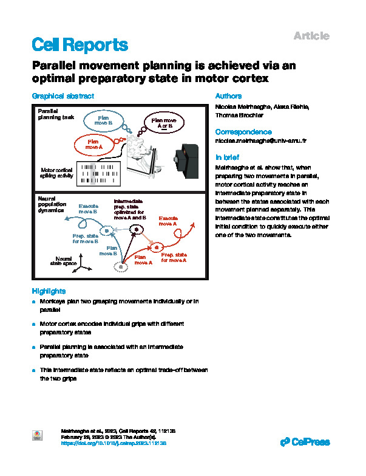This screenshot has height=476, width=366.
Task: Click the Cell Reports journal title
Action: (80, 44)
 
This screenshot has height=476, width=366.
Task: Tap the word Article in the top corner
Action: (311, 36)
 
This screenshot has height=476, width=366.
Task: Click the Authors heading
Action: (229, 96)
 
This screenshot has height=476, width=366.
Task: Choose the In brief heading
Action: (228, 156)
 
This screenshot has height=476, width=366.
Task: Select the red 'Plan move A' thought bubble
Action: (93, 144)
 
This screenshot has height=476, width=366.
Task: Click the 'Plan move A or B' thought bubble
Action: (162, 125)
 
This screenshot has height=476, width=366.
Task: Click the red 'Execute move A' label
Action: (168, 220)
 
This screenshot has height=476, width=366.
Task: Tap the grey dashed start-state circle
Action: (123, 266)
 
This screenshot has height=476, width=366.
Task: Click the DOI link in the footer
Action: (115, 443)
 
